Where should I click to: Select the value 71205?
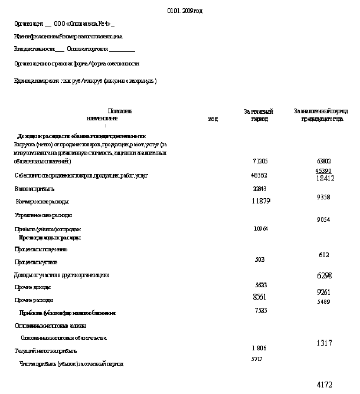tap(260, 160)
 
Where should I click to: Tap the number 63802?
tap(323, 160)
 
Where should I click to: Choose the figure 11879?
tap(260, 202)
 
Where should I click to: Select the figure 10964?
tap(260, 228)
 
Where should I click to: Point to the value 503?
tap(260, 260)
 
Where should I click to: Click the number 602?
tap(323, 255)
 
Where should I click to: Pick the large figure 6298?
tap(325, 275)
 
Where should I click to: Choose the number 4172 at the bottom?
tap(325, 385)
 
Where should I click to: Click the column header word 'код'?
tap(213, 119)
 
